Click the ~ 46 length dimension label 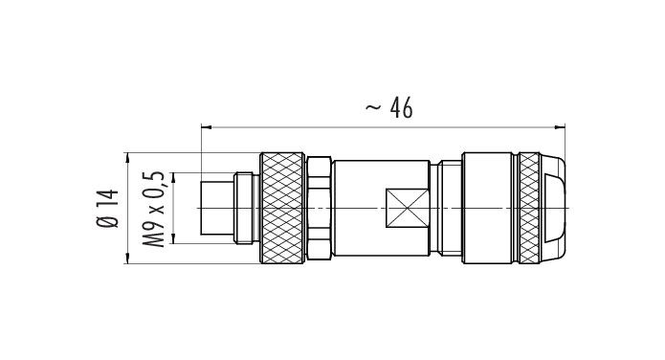pos(388,108)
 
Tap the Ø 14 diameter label pos(108,209)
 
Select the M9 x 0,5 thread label pos(153,209)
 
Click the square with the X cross pos(407,209)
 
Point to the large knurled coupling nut pos(282,208)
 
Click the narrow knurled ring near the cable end pos(529,208)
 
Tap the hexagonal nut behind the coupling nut pos(319,208)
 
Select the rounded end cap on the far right pos(553,208)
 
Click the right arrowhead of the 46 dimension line pos(561,126)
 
